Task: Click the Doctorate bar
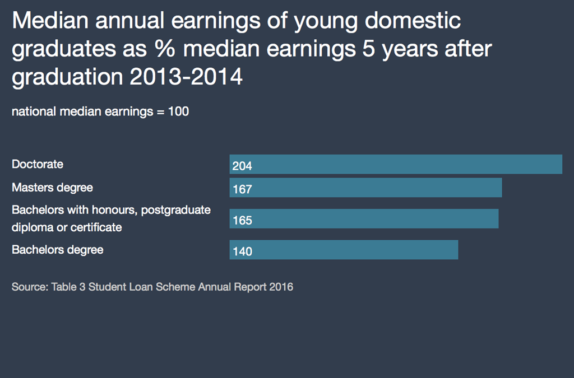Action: pos(396,165)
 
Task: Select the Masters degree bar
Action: pos(365,188)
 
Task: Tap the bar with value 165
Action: pos(364,219)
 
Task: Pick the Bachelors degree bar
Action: pos(344,250)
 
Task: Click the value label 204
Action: pos(242,166)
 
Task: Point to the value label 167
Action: pos(242,190)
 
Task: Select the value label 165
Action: pos(242,221)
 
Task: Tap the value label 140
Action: pos(242,251)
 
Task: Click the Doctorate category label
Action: pos(38,165)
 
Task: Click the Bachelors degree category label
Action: pos(58,250)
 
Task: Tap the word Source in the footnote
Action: pos(29,287)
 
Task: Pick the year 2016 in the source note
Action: pos(281,287)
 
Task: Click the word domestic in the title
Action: pos(414,21)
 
